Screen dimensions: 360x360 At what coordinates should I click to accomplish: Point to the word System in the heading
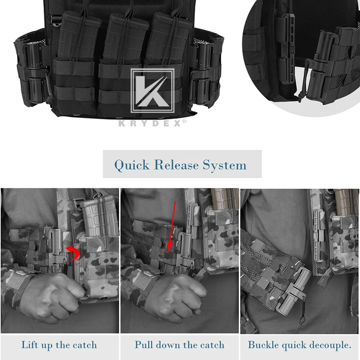[224, 165]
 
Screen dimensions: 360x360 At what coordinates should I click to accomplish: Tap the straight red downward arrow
[171, 225]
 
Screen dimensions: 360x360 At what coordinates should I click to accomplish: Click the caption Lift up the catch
[59, 345]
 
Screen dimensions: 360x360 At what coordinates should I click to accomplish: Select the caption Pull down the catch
[179, 345]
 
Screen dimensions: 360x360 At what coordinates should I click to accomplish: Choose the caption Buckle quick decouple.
[299, 345]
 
